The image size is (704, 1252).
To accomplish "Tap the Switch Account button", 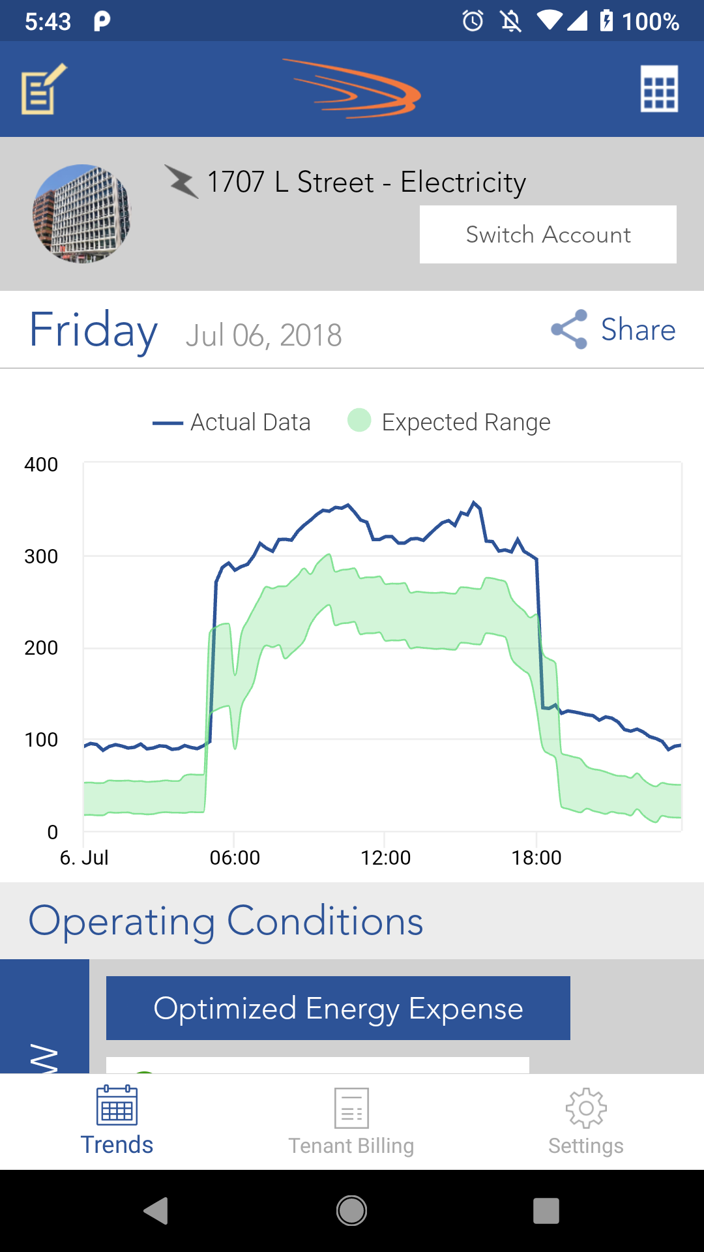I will coord(548,235).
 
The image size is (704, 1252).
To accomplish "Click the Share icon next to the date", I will coord(569,329).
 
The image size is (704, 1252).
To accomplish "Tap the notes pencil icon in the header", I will coord(44,89).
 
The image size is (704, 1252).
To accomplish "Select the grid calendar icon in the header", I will coord(659,89).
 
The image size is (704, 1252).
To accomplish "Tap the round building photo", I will coord(81,213).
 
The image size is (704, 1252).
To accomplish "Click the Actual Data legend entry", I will coord(232,423).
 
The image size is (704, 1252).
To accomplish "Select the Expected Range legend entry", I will coord(450,423).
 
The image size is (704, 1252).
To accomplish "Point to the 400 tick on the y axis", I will coord(41,464).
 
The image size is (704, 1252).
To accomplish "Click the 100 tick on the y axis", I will coord(41,740).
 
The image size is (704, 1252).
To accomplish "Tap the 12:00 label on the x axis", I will coord(385,857).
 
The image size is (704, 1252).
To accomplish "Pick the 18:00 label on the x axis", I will coord(536,857).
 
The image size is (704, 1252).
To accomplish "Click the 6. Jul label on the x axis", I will coord(84,857).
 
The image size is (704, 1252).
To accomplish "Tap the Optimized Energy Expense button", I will coord(338,1008).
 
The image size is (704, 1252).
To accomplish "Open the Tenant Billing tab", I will coord(351,1122).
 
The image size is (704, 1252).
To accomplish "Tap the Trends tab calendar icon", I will coord(117,1106).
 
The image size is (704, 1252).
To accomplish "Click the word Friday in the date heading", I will coord(93,330).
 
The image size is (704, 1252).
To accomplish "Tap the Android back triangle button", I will coord(156,1211).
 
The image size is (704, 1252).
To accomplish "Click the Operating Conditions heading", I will coord(226,921).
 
